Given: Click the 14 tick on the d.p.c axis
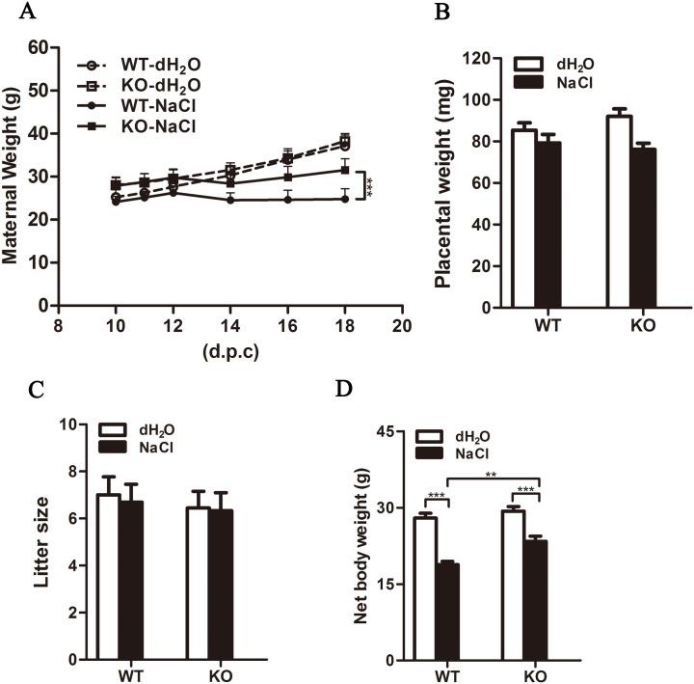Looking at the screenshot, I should coord(230,326).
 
